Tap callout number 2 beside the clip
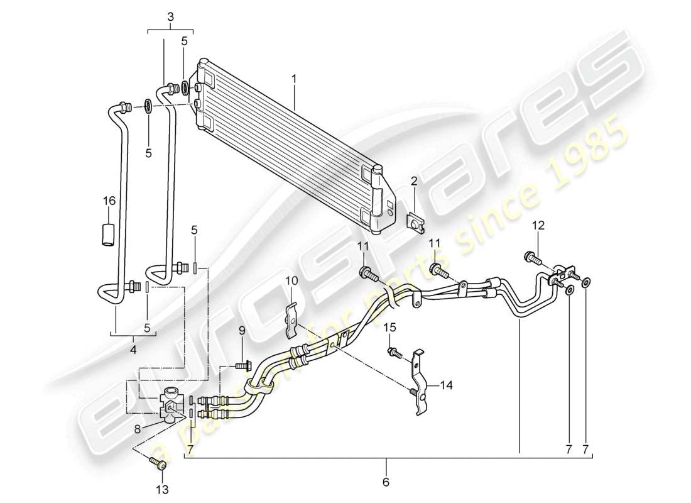pos(415,182)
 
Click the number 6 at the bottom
pos(386,483)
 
